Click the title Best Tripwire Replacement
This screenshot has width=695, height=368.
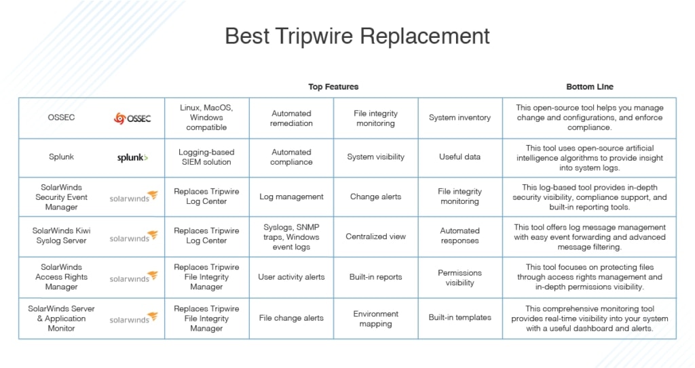click(357, 37)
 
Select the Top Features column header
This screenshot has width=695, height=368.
click(333, 87)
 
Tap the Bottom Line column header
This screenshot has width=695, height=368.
click(590, 87)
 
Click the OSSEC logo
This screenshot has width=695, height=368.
click(132, 118)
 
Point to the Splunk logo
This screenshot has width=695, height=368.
click(132, 157)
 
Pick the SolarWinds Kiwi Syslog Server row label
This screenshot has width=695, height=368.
click(61, 236)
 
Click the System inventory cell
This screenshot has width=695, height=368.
click(459, 118)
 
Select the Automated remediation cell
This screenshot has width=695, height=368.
click(291, 118)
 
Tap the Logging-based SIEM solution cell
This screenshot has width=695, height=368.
click(206, 157)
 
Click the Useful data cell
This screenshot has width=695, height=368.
click(459, 157)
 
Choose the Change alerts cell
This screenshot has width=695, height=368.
click(375, 197)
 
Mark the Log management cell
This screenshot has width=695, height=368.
click(291, 197)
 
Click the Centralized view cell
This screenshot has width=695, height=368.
click(375, 237)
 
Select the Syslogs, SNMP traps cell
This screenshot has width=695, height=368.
click(291, 237)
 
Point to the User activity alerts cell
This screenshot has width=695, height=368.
click(291, 277)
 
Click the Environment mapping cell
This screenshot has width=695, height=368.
click(375, 319)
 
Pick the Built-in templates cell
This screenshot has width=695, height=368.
click(459, 318)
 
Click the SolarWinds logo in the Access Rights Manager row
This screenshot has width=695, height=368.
click(134, 277)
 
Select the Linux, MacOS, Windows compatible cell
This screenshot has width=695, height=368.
click(206, 117)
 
